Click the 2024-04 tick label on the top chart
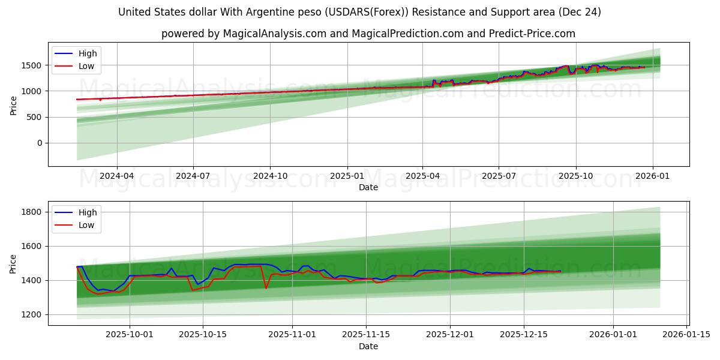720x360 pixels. (116, 176)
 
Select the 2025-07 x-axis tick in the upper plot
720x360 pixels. (499, 176)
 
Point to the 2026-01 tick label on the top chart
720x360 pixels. (652, 176)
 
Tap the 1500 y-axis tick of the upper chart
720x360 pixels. (33, 65)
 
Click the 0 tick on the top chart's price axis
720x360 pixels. (39, 143)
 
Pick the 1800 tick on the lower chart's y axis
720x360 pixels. (31, 212)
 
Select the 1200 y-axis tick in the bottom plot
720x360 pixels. (31, 314)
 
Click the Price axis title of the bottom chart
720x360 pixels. (13, 263)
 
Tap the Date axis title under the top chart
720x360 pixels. (368, 187)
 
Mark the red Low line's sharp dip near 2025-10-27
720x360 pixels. (266, 288)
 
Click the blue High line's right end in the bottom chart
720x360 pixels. (560, 271)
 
